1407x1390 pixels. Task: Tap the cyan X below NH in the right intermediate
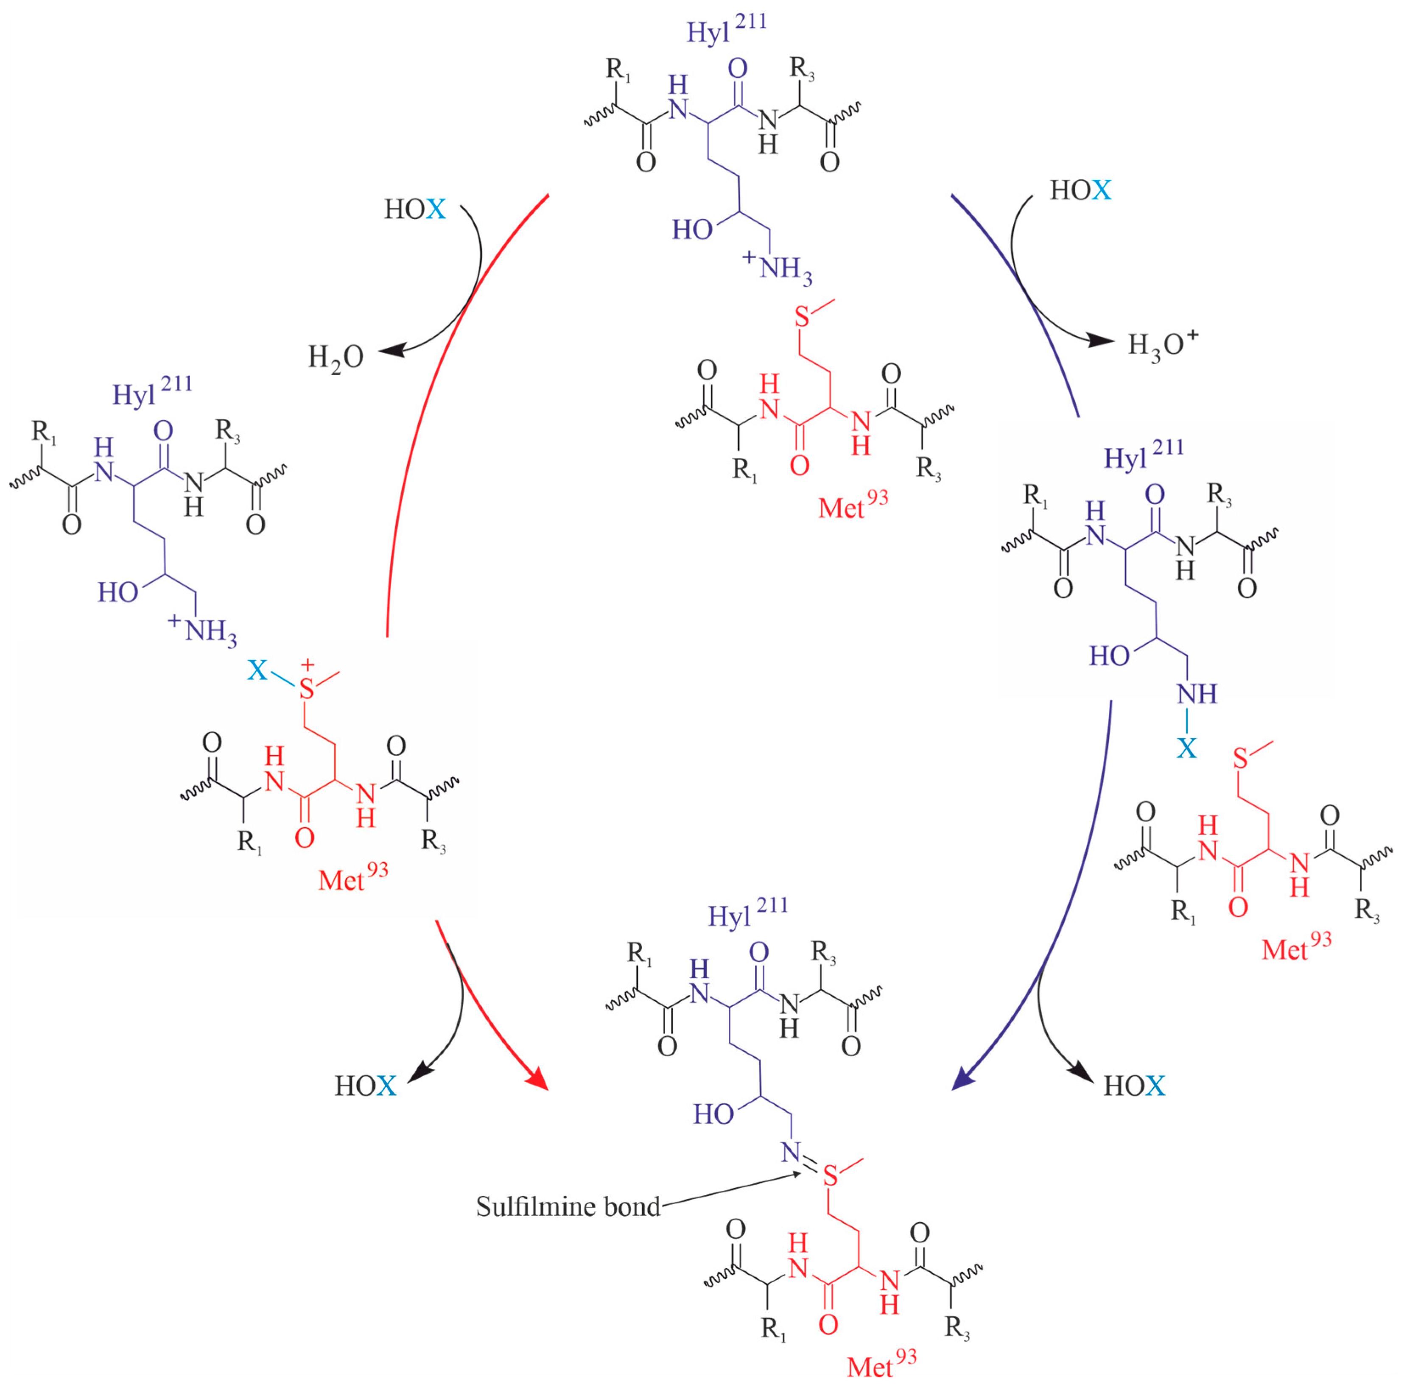pos(1187,748)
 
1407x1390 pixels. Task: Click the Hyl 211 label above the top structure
pos(727,29)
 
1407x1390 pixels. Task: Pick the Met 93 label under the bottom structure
pos(881,1365)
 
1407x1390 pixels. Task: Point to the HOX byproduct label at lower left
pos(365,1086)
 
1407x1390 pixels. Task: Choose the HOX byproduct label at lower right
pos(1134,1086)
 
